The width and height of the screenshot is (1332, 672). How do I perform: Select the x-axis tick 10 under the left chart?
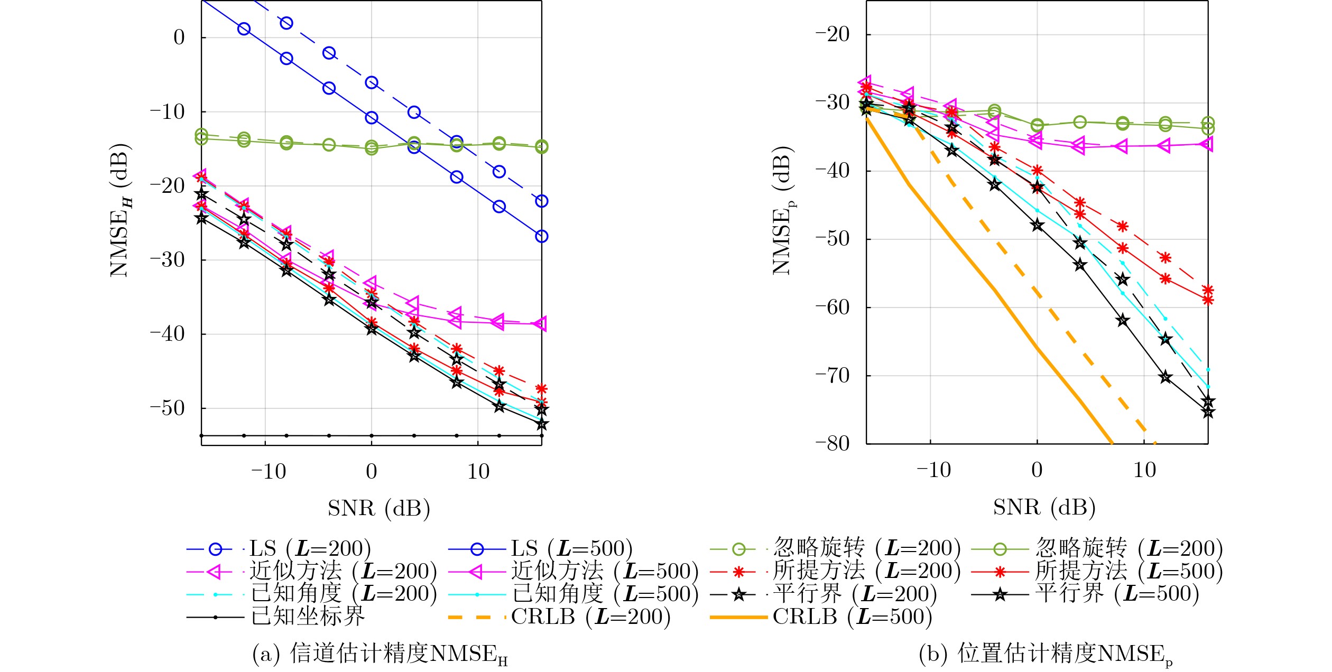(478, 472)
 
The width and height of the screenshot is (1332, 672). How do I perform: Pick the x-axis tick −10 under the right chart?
(933, 470)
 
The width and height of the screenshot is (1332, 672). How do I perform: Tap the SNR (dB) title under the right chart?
(1044, 508)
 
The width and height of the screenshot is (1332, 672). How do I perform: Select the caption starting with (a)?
(380, 654)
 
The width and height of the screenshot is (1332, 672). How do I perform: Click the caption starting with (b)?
(1046, 654)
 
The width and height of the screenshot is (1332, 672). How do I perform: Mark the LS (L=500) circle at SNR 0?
(372, 118)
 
